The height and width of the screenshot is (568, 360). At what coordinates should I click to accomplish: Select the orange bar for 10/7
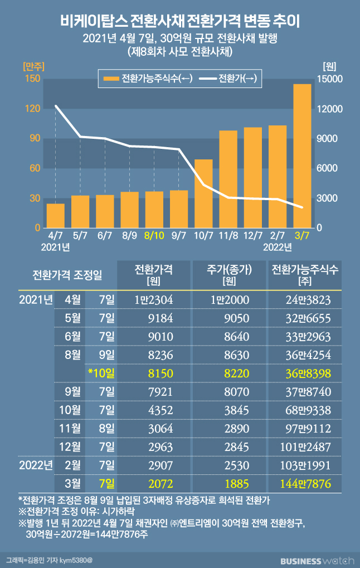click(203, 193)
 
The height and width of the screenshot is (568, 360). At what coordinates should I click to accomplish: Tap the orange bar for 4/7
click(55, 216)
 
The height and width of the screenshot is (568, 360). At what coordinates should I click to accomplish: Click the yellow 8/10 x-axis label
click(154, 236)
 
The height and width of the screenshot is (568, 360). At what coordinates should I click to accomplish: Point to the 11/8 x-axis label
click(228, 236)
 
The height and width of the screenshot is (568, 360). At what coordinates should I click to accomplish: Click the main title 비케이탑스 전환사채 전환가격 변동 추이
click(180, 22)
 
